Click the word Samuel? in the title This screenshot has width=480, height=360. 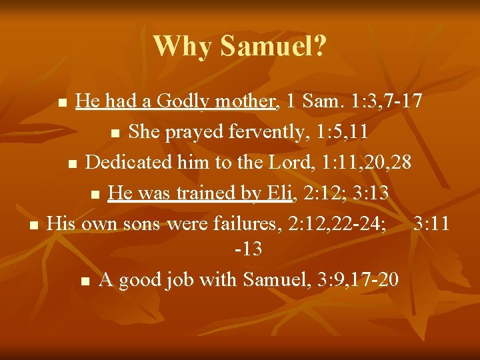click(273, 46)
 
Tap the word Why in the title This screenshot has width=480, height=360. click(183, 46)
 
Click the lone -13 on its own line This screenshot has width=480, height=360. click(248, 249)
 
